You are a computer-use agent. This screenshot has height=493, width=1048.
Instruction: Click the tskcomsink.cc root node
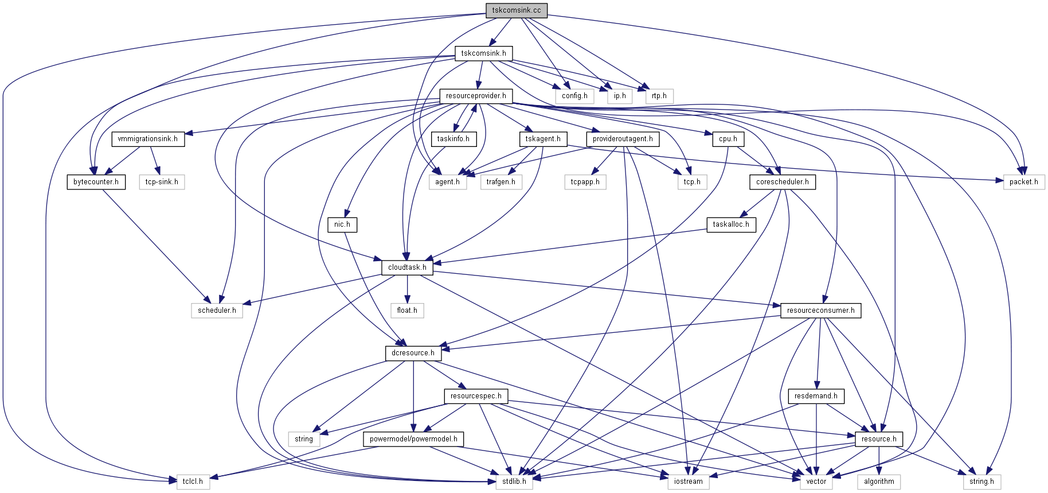(516, 10)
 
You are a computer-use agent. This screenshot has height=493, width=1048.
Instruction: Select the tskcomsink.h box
(483, 53)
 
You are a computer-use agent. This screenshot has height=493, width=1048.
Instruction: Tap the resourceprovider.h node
(476, 96)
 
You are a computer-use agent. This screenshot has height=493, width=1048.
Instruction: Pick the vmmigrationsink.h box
(147, 139)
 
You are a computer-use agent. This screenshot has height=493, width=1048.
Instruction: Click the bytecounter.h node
(96, 182)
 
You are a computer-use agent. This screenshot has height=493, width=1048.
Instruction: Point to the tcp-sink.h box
(162, 182)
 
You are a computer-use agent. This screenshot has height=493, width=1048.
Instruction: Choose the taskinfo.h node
(453, 139)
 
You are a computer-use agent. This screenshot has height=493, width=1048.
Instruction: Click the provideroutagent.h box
(623, 139)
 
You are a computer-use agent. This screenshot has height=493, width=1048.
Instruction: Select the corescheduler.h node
(782, 182)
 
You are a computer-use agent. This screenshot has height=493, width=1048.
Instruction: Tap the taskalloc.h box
(731, 224)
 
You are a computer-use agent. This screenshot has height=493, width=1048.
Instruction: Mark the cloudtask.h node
(407, 267)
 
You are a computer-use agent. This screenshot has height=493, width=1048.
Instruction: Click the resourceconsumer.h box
(820, 310)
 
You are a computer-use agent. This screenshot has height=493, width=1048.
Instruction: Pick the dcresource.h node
(413, 353)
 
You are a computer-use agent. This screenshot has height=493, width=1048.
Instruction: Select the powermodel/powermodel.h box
(413, 439)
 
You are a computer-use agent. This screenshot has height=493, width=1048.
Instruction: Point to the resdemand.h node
(816, 396)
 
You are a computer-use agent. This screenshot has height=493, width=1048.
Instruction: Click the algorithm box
(879, 482)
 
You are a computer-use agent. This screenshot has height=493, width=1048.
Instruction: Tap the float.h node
(407, 310)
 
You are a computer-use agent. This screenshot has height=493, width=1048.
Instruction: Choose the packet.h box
(1023, 182)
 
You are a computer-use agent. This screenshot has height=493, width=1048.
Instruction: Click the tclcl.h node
(193, 482)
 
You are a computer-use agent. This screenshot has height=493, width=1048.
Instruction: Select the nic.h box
(342, 224)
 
